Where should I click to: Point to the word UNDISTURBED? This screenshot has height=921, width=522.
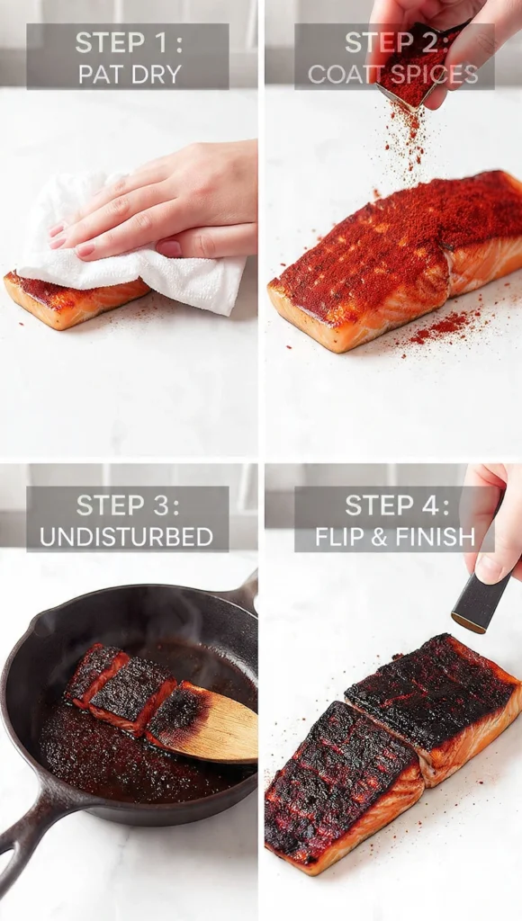coord(127,537)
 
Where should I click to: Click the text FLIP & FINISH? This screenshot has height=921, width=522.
coord(394,537)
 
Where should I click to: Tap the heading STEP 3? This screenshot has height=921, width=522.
coord(127,505)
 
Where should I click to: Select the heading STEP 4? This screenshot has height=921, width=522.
coord(394,505)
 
